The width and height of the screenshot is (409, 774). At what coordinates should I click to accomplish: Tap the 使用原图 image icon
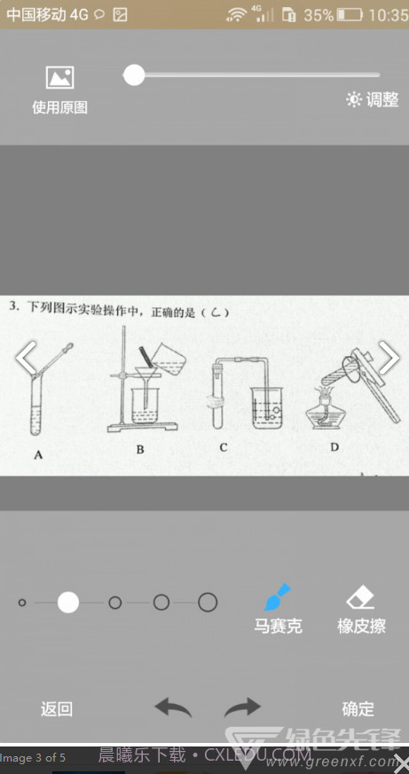point(59,78)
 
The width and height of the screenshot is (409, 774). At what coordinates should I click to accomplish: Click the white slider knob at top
point(134,75)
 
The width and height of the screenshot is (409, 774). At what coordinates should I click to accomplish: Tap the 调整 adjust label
point(373,100)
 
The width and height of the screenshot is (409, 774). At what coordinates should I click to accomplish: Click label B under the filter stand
point(140,450)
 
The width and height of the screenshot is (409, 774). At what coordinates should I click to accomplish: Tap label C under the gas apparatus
point(223,447)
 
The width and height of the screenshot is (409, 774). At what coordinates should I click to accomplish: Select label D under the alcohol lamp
point(334,446)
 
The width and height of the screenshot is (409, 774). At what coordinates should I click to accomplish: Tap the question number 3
point(13,306)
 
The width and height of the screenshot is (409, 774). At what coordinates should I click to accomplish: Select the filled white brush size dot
point(68,603)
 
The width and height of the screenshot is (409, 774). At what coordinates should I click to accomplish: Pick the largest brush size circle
point(208,603)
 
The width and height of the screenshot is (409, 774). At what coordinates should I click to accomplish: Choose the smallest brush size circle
point(22,603)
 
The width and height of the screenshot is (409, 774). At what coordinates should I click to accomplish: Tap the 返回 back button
point(57,708)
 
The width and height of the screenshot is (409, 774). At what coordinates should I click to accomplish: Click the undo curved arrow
point(173,707)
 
